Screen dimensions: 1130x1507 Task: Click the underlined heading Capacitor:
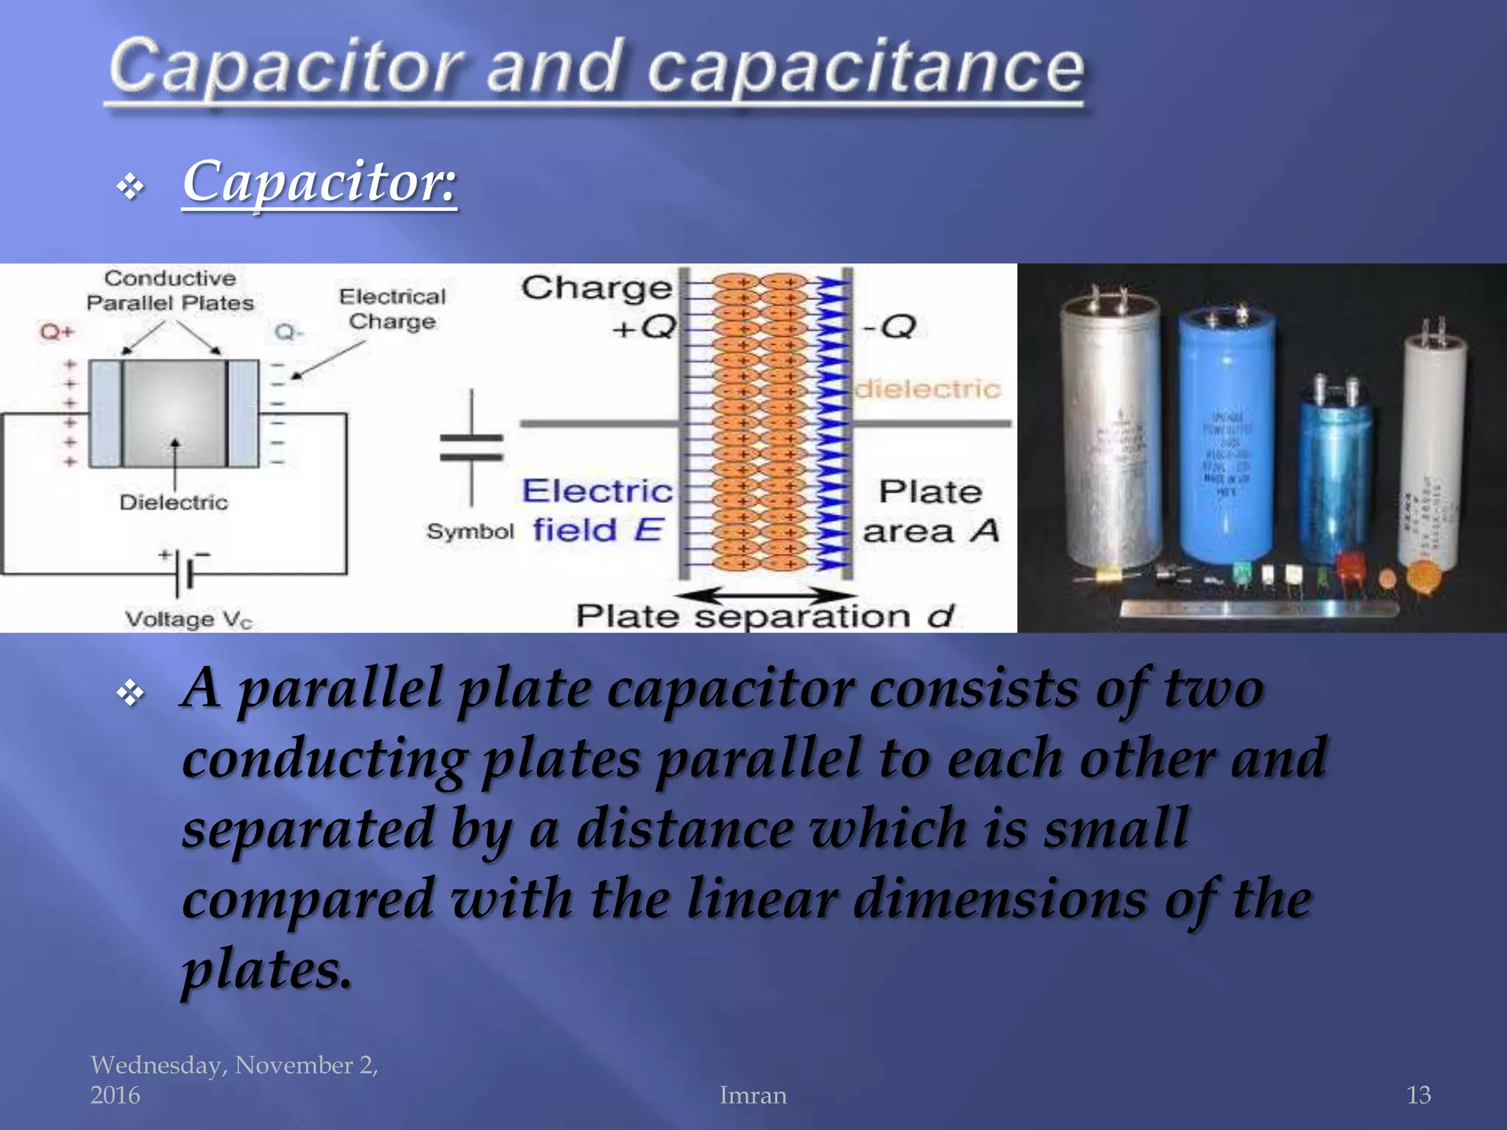click(319, 181)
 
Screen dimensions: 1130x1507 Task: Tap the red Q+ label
click(57, 332)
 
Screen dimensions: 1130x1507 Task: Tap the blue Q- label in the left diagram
click(288, 333)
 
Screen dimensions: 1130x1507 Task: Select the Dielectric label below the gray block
click(174, 502)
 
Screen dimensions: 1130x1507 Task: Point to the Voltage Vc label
click(188, 619)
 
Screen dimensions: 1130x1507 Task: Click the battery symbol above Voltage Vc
click(184, 570)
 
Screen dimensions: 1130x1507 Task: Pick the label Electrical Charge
click(392, 309)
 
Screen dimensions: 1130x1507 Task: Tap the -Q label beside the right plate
click(888, 326)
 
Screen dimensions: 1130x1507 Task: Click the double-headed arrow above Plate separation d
click(765, 594)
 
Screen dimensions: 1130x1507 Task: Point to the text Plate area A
click(930, 511)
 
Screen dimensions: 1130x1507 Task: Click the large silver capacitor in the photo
click(1110, 434)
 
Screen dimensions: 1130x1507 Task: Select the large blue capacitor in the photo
click(1226, 434)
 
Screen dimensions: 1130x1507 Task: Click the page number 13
click(1419, 1095)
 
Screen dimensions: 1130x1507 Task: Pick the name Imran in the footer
click(753, 1095)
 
